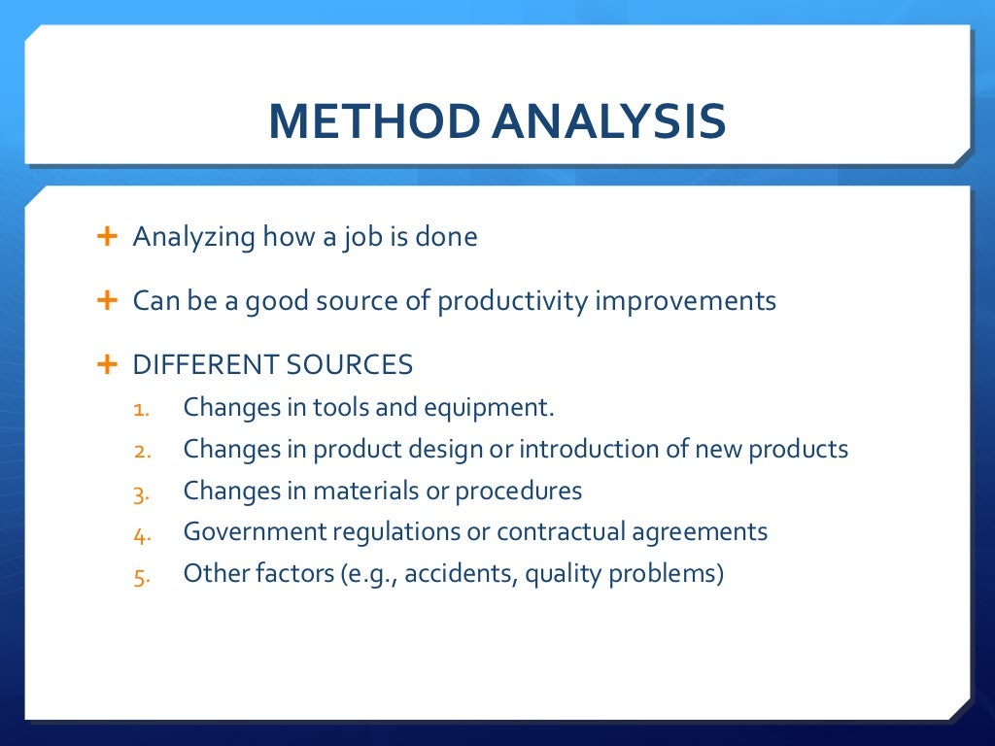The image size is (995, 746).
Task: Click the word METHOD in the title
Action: point(372,121)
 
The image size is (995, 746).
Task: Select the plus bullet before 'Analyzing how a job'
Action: point(107,236)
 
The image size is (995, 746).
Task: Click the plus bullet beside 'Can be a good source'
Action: point(107,300)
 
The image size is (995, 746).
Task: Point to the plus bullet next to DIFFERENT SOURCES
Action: point(107,364)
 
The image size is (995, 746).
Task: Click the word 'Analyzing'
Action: point(194,238)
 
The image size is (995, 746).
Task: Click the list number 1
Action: point(140,408)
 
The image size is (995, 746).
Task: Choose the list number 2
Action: point(140,451)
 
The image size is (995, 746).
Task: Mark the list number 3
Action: point(140,492)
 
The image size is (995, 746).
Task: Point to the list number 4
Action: point(140,533)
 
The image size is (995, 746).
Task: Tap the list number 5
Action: point(140,576)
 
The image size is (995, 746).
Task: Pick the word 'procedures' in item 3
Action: point(522,492)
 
